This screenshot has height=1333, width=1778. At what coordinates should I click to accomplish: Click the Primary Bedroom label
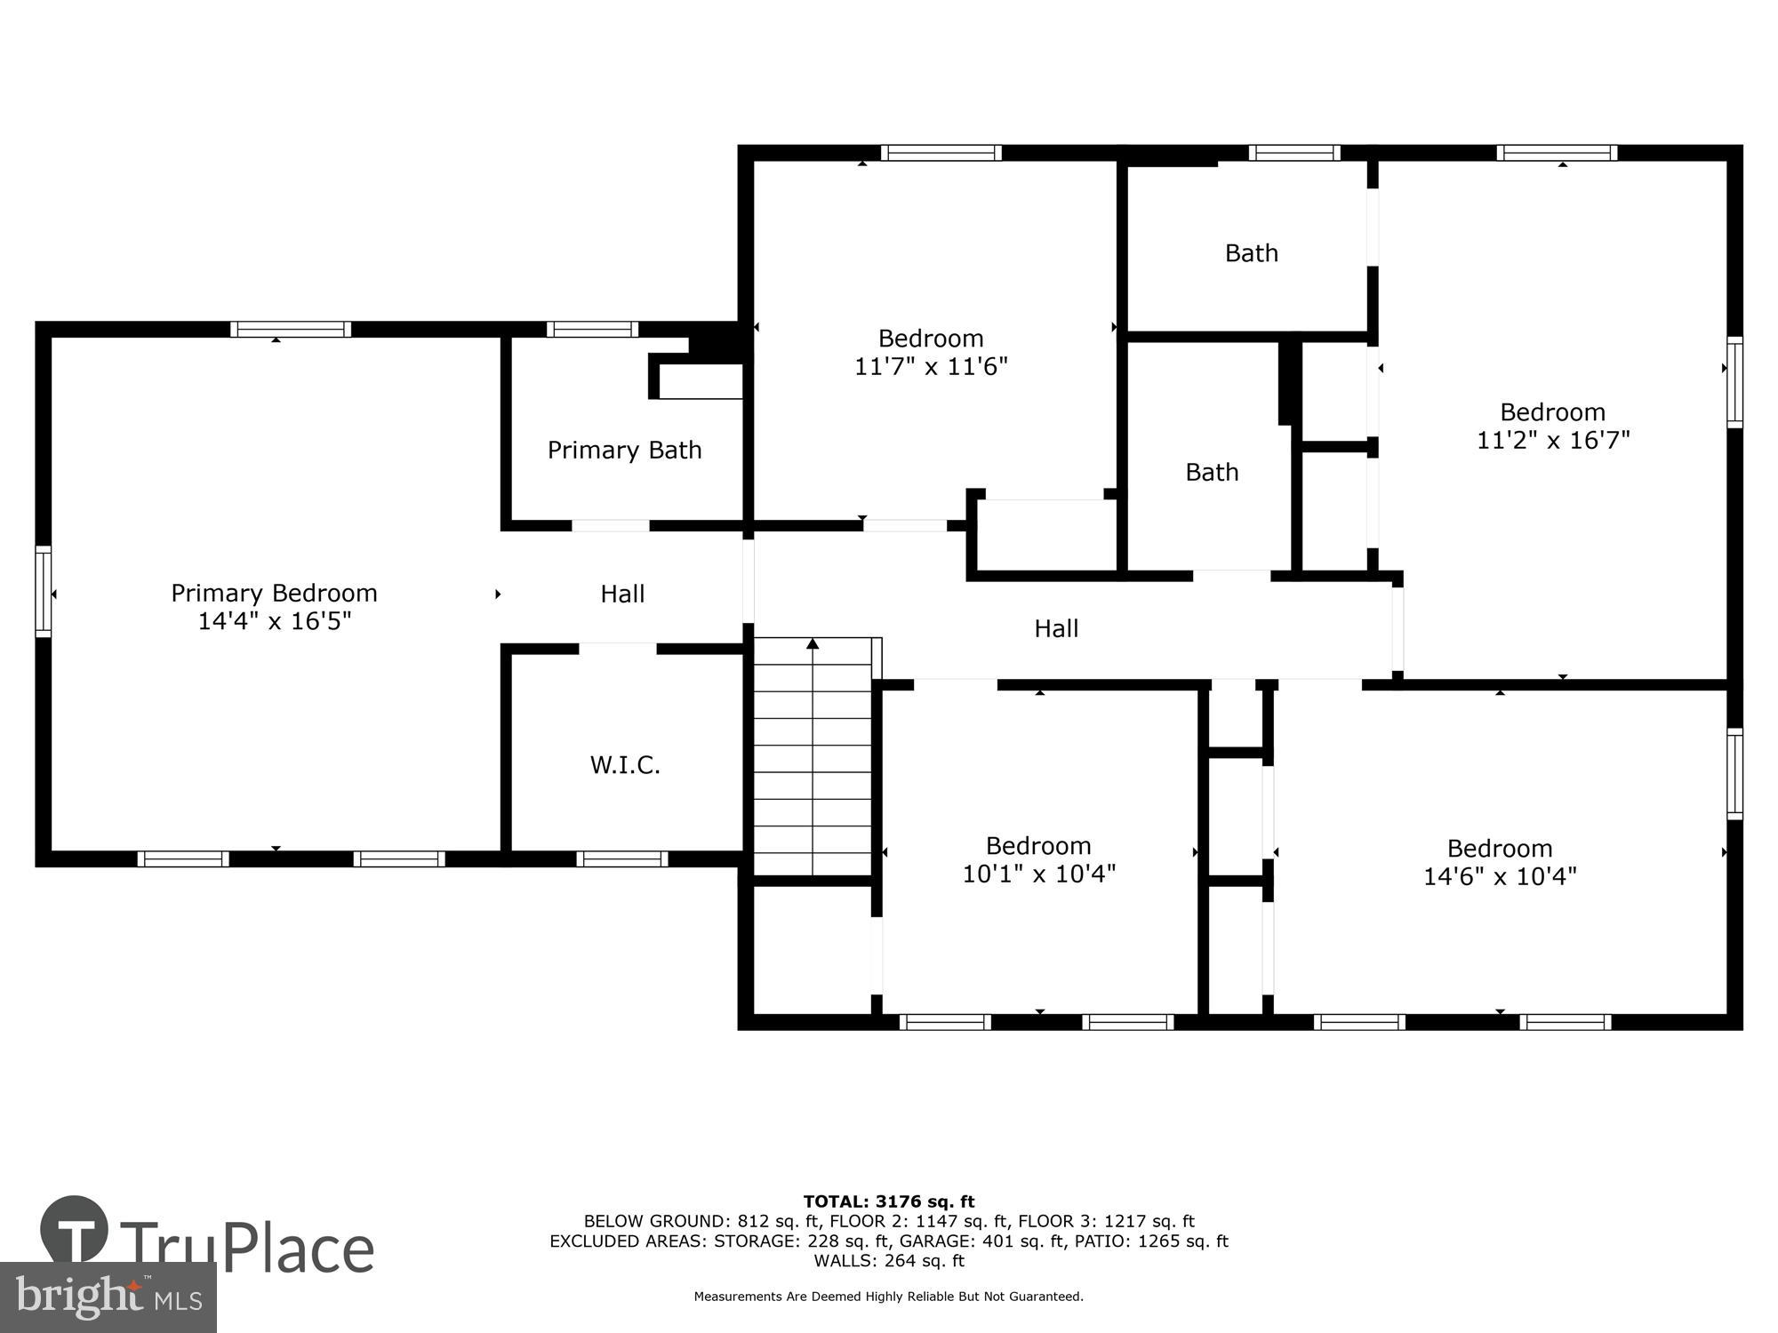tap(274, 593)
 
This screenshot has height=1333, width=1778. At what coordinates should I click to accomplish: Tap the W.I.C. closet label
tap(625, 765)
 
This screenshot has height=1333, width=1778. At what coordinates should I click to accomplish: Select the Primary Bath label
tap(624, 451)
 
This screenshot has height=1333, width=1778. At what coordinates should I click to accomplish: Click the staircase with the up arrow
tap(813, 755)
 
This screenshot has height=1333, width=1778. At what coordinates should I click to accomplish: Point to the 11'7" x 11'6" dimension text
tap(931, 367)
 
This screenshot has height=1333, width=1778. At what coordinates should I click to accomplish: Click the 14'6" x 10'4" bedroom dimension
tap(1500, 877)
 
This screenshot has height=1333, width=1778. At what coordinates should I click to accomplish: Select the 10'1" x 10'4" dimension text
tap(1038, 874)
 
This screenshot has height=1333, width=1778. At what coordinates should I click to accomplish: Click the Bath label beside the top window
tap(1251, 253)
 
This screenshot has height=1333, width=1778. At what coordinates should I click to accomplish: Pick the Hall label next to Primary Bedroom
tap(622, 594)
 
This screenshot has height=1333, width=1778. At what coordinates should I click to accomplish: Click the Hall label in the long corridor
tap(1056, 629)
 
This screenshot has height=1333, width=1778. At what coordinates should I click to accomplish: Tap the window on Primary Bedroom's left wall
tap(44, 591)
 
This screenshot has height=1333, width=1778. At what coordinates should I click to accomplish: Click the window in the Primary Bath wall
tap(592, 330)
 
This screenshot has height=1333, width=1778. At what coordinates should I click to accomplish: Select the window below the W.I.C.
tap(621, 859)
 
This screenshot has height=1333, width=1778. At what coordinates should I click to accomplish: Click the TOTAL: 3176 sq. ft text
tap(888, 1202)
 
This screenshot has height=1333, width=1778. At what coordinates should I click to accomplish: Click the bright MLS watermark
tap(108, 1297)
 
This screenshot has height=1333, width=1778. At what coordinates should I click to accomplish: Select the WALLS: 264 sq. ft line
tap(888, 1261)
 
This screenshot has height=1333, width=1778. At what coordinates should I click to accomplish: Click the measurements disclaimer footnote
tap(888, 1297)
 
